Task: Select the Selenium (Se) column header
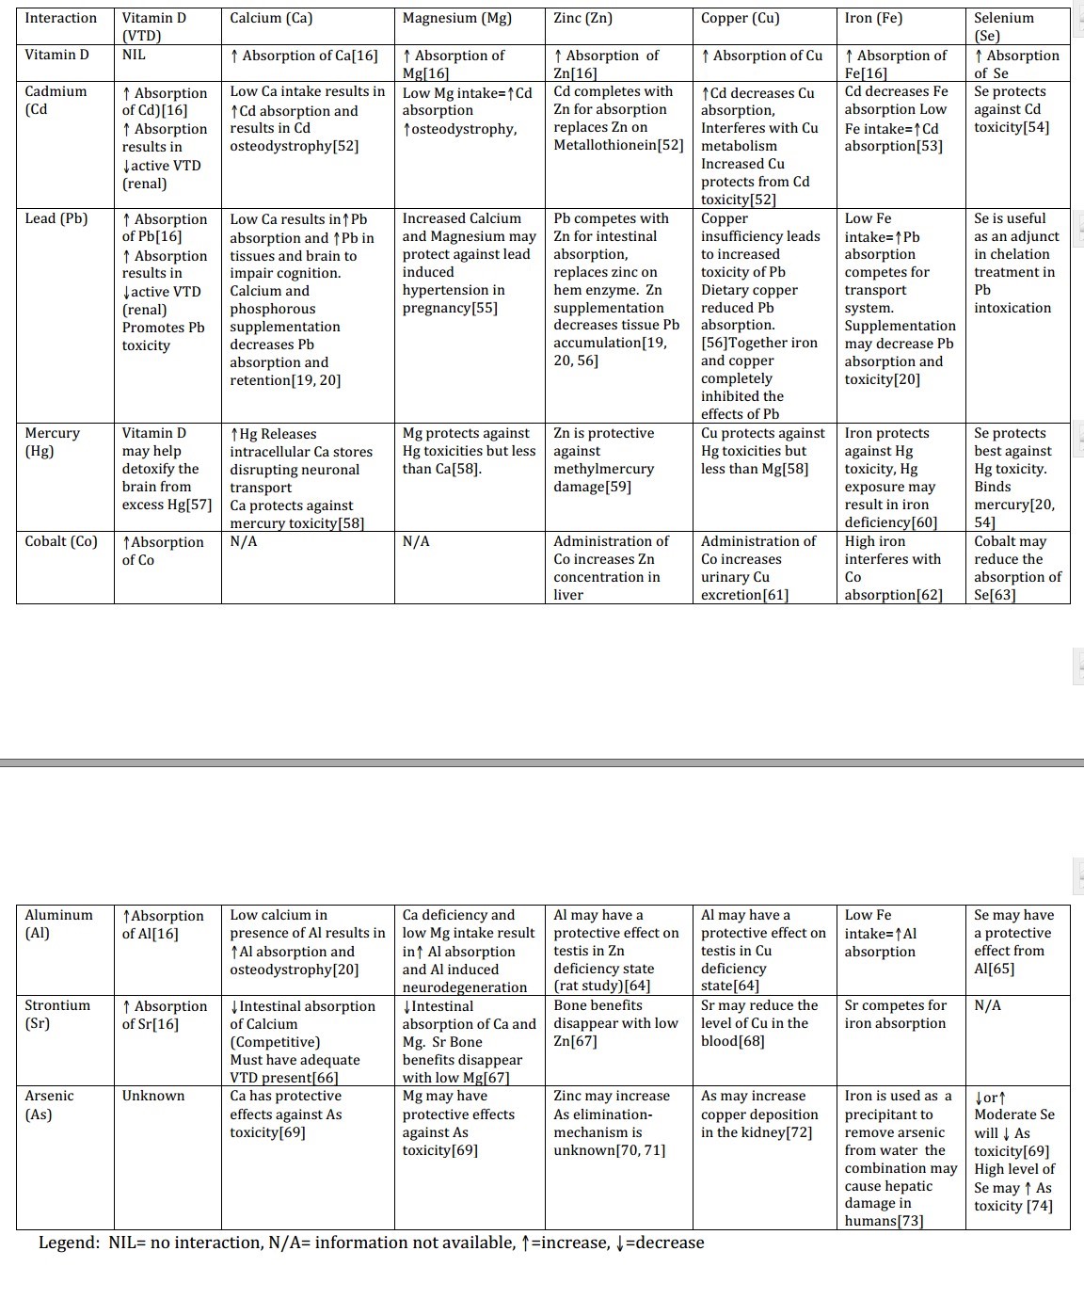[x=1003, y=26]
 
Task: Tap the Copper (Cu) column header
[x=740, y=18]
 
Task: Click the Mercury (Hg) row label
[x=52, y=441]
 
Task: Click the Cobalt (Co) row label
[x=61, y=541]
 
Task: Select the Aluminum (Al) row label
[x=58, y=923]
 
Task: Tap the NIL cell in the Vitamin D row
[x=134, y=55]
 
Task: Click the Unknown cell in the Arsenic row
[x=153, y=1096]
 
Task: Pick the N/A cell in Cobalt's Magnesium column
[x=416, y=541]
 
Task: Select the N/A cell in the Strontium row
[x=987, y=1005]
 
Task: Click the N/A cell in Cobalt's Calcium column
[x=244, y=541]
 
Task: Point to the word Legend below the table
[x=69, y=1243]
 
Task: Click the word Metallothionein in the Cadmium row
[x=605, y=145]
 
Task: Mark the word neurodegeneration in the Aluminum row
[x=465, y=987]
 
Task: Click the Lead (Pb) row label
[x=56, y=218]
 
